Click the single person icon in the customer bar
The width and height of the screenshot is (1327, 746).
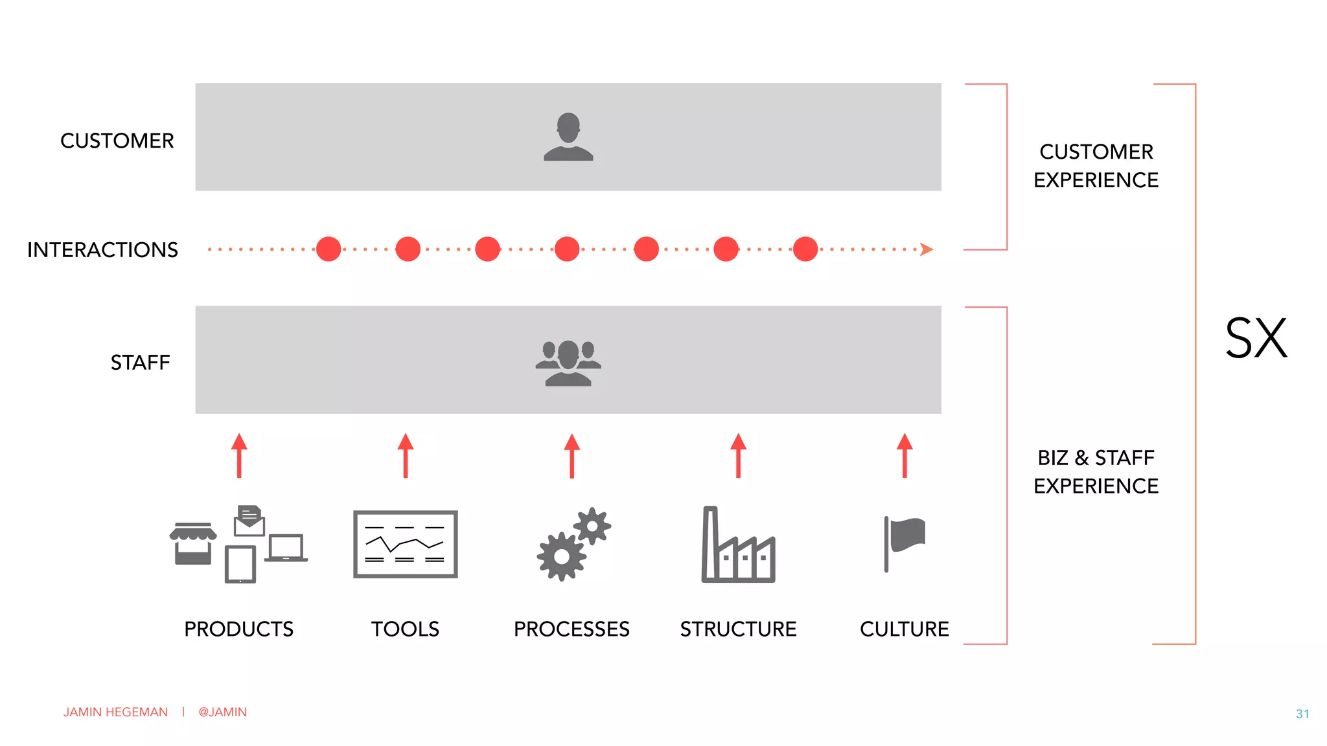coord(568,137)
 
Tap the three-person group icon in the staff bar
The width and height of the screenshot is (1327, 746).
coord(568,363)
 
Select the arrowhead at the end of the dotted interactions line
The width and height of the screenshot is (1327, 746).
coord(927,249)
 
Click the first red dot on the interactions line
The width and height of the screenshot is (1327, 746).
coord(329,249)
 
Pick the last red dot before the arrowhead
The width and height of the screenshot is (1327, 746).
coord(805,249)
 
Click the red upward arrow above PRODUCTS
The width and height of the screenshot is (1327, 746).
coord(239,455)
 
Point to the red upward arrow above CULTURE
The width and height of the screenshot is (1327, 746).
coord(905,455)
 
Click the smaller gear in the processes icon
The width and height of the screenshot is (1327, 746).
coord(592,526)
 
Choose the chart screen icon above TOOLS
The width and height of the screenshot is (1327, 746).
coord(406,544)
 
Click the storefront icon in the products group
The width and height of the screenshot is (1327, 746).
coord(193,543)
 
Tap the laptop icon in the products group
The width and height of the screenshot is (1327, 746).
coord(286,548)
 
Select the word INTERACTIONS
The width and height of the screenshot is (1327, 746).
coord(102,250)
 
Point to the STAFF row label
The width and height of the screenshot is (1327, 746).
coord(140,363)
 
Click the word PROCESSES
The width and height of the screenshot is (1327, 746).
coord(571,629)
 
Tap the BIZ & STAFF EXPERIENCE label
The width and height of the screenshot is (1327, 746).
coord(1096,471)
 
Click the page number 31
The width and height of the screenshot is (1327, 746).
coord(1302,714)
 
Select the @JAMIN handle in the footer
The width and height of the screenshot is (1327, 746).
coord(222,712)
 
